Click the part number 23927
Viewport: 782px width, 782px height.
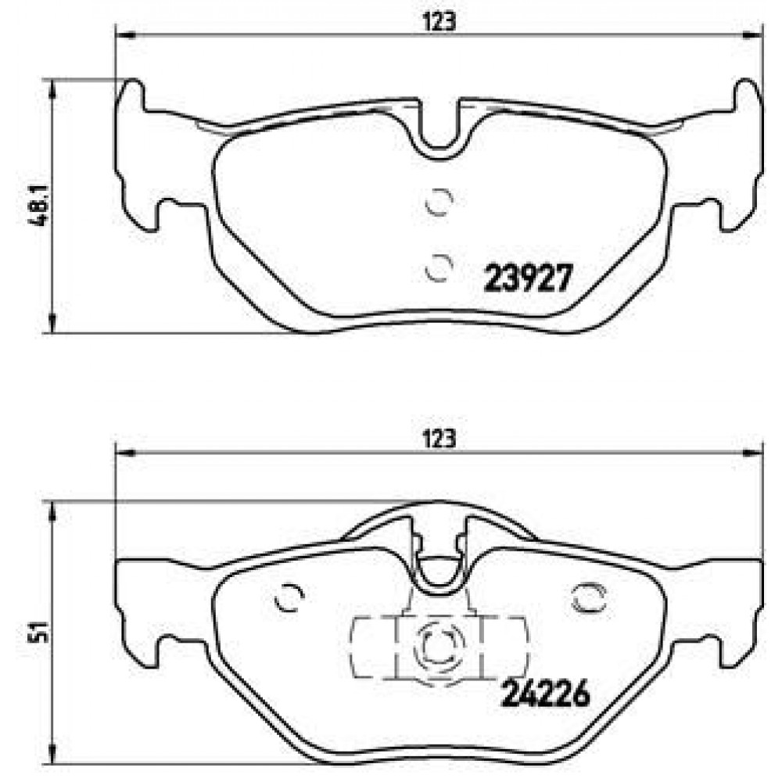pyautogui.click(x=528, y=278)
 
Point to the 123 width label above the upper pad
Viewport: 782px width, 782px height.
pyautogui.click(x=439, y=22)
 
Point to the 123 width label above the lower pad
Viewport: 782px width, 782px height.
pyautogui.click(x=439, y=439)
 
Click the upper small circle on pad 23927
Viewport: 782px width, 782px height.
pyautogui.click(x=439, y=202)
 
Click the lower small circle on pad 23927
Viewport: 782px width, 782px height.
pyautogui.click(x=439, y=267)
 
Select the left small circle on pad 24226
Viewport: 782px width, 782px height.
pyautogui.click(x=290, y=597)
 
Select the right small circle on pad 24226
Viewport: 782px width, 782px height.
pyautogui.click(x=589, y=597)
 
